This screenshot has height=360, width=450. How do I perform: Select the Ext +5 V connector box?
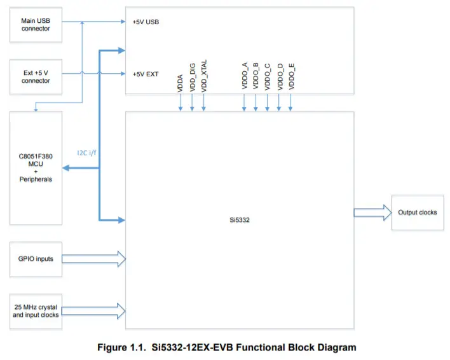point(36,76)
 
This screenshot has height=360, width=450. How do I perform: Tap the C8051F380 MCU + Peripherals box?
point(36,168)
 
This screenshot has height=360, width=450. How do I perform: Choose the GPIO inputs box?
point(36,259)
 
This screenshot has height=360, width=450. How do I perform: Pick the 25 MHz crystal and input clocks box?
point(36,311)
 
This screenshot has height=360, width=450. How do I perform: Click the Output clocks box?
point(417,212)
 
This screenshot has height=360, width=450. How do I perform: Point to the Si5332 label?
point(239,220)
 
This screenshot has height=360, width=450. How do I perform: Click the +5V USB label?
point(146,22)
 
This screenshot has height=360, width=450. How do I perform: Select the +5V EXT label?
point(146,74)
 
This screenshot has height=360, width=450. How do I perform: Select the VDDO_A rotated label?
point(245,74)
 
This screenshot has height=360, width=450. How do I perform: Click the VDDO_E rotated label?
point(291,74)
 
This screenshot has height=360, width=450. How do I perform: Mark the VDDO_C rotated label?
point(268,74)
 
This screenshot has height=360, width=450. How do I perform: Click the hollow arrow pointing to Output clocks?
point(371,212)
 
